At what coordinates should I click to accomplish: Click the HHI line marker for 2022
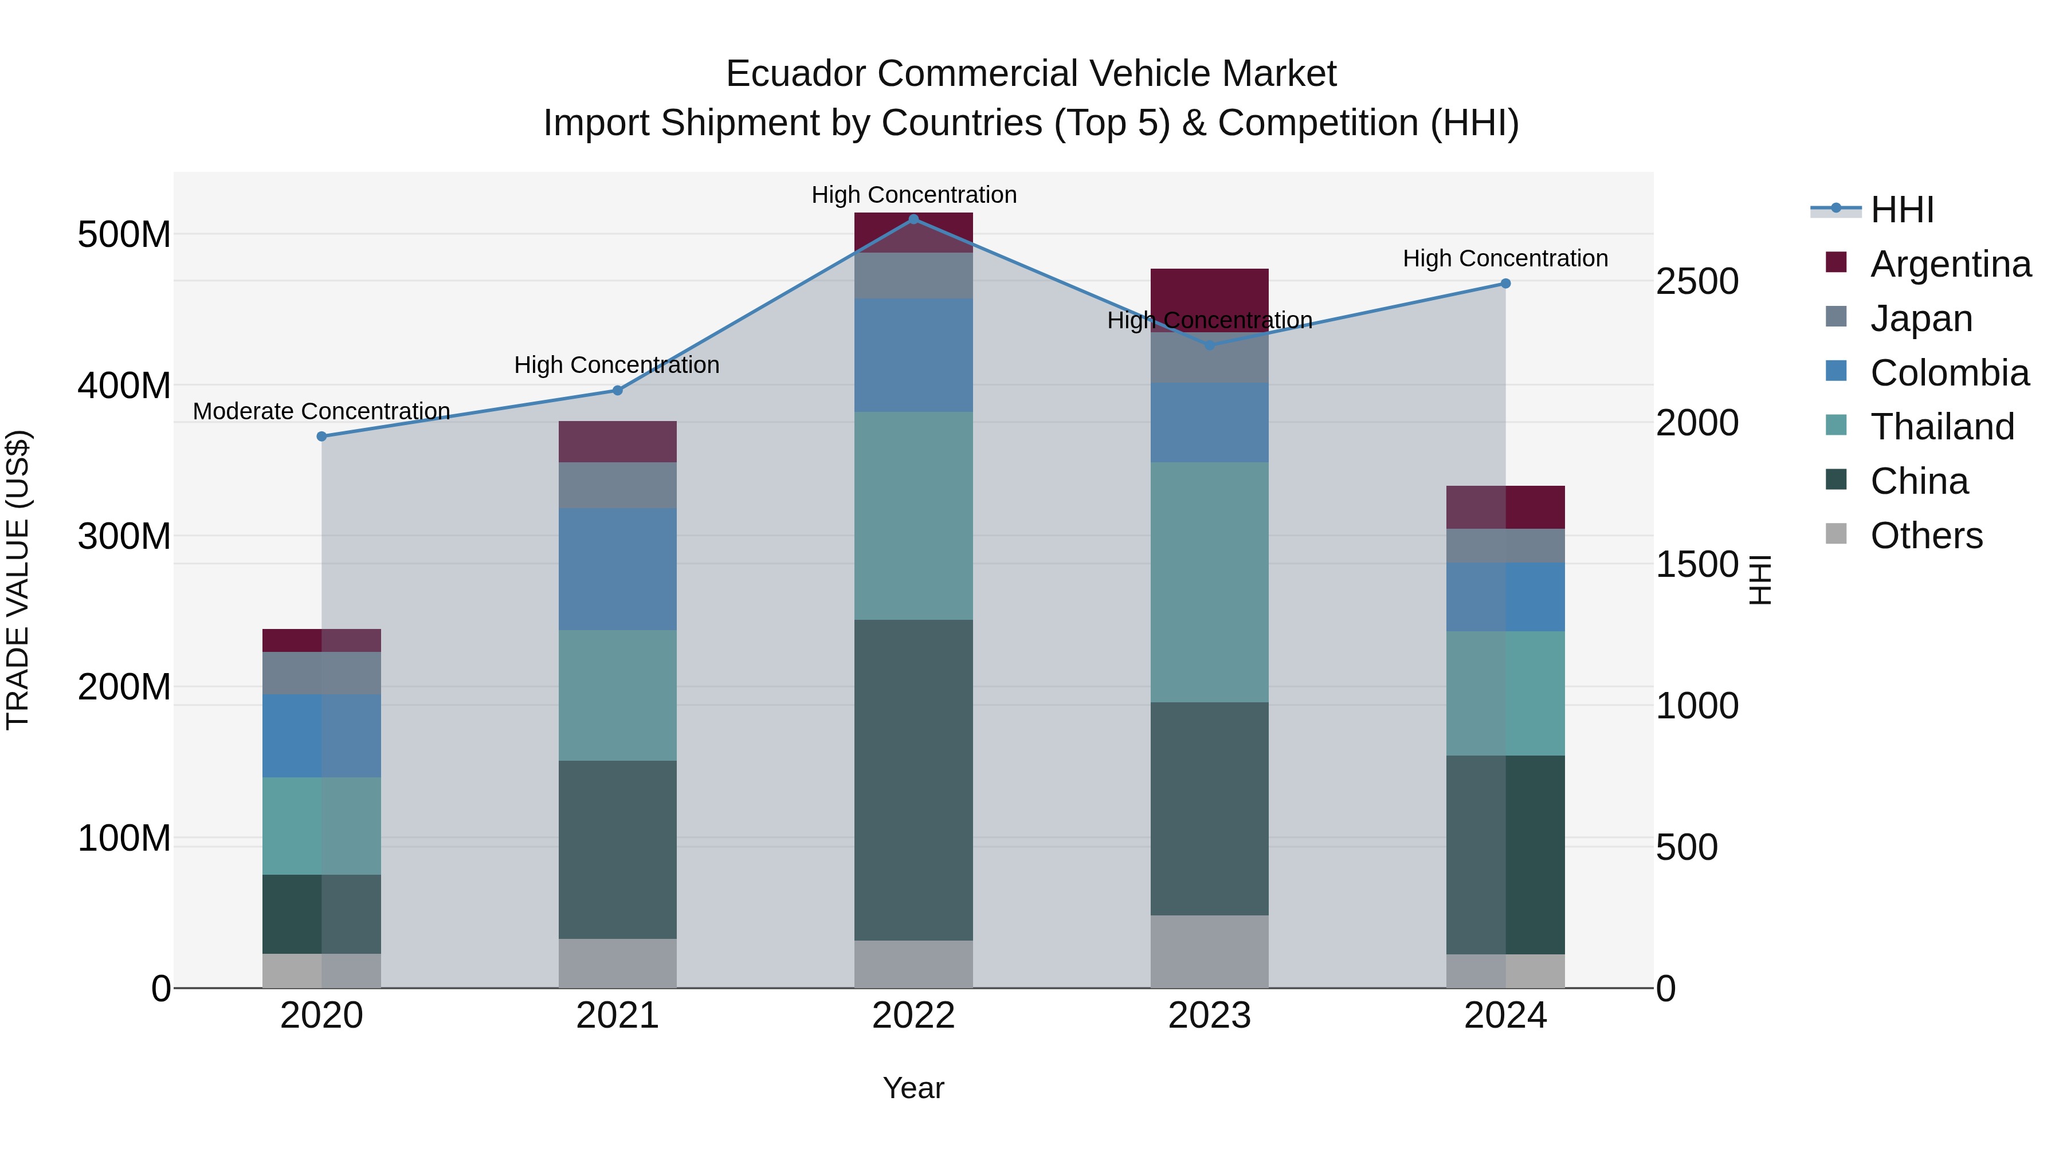point(913,219)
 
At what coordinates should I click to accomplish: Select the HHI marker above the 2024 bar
point(1505,284)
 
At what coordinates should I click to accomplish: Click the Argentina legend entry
point(1950,264)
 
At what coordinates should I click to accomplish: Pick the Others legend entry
point(1925,535)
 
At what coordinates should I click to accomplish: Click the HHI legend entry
point(1901,210)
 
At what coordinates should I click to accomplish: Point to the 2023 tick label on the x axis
point(1209,1016)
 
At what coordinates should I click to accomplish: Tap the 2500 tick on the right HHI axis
point(1696,282)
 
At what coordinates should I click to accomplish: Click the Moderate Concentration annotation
point(321,411)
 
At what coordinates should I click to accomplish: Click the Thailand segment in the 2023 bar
point(1209,581)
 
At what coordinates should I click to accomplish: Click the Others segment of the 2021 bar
point(617,962)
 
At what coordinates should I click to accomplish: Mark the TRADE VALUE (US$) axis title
point(18,580)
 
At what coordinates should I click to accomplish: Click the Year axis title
point(913,1088)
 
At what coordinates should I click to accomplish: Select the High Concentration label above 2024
point(1505,258)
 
